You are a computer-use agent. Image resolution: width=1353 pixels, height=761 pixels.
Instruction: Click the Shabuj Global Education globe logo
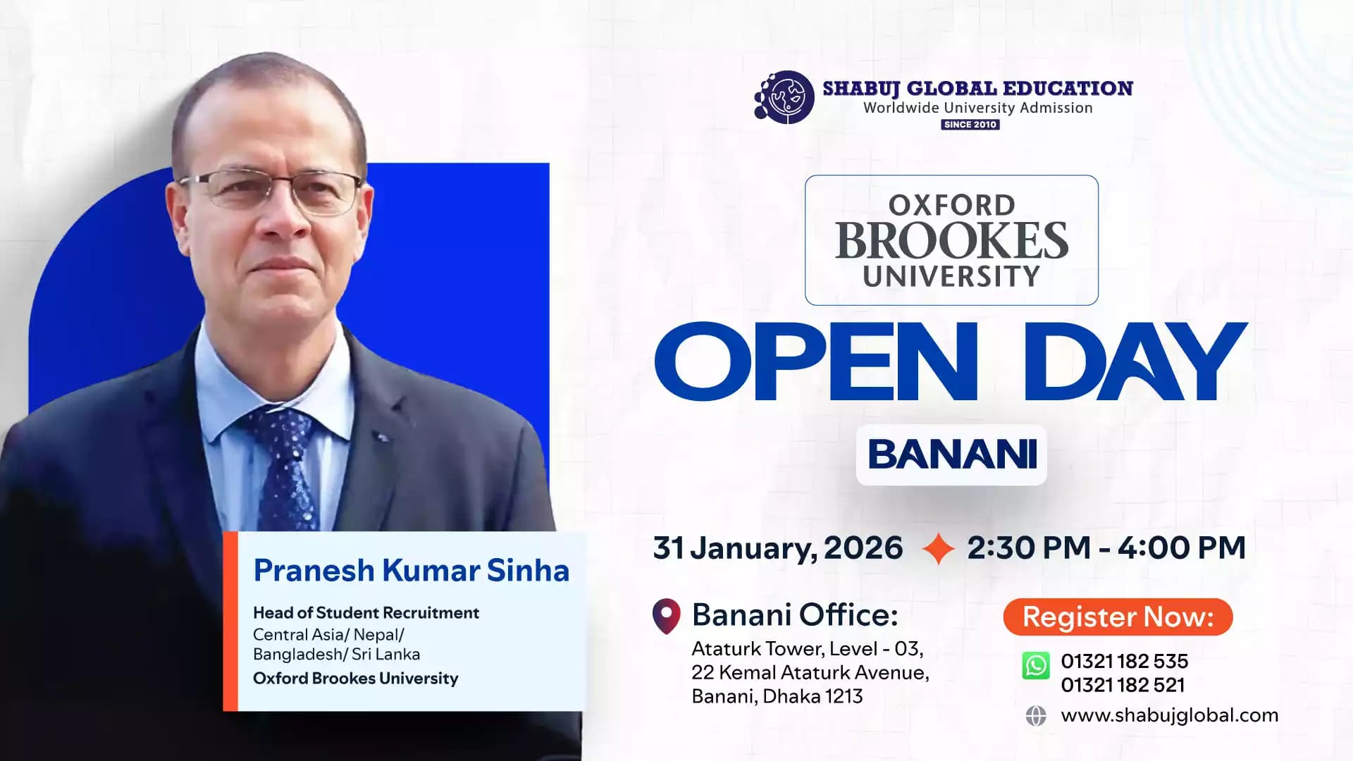tap(785, 98)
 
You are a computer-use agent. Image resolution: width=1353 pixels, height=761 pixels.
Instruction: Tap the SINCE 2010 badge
tap(970, 125)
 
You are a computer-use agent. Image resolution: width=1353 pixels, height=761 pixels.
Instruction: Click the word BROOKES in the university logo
tap(951, 241)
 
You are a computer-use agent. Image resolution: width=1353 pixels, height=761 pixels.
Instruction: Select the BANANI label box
tap(951, 454)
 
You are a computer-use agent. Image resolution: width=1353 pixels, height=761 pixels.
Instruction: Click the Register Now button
tap(1118, 617)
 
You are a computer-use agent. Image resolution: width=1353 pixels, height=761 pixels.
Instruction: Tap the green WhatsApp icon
tap(1036, 665)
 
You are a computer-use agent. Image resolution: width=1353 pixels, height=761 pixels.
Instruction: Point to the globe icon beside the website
tap(1036, 716)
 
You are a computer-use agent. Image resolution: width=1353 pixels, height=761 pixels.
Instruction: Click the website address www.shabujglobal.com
tap(1169, 715)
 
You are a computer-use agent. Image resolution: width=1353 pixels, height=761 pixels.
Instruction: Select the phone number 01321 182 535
tap(1124, 661)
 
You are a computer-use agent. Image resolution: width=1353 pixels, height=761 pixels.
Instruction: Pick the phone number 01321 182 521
tap(1123, 685)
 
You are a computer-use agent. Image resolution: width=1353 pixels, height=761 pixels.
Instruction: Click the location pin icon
tap(666, 616)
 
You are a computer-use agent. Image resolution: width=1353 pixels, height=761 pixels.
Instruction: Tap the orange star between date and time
tap(938, 548)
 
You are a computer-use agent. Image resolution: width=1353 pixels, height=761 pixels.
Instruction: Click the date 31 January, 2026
tap(778, 548)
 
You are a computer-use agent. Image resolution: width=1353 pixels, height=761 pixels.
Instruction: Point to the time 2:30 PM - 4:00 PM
tap(1106, 548)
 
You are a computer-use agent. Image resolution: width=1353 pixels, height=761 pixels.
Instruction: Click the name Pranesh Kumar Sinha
tap(411, 571)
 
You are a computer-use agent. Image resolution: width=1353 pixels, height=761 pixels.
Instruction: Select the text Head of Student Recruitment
tap(366, 613)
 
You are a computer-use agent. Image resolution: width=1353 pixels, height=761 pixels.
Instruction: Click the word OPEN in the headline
tap(816, 361)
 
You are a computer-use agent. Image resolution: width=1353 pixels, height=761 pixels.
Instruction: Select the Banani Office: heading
tap(795, 615)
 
